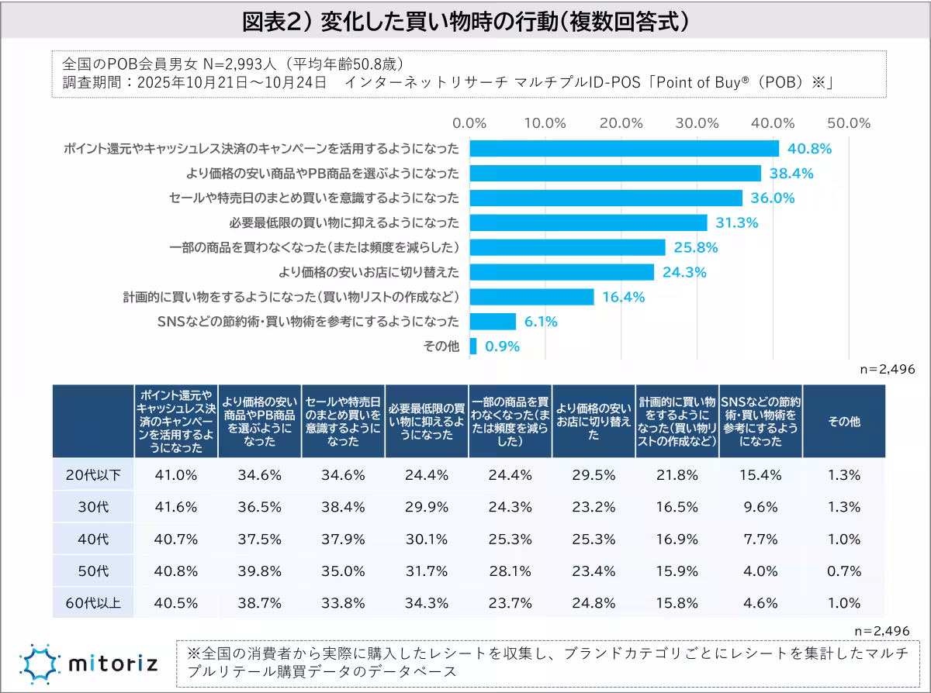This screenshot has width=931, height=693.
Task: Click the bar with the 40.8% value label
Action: click(624, 148)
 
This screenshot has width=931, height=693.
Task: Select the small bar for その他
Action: click(473, 346)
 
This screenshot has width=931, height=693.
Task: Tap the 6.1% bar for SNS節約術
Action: click(493, 321)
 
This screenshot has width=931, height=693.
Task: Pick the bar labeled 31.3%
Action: click(588, 222)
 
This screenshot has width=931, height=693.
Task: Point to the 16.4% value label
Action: click(625, 297)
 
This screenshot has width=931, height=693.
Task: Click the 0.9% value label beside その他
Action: click(502, 346)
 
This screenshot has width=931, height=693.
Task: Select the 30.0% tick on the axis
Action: click(696, 123)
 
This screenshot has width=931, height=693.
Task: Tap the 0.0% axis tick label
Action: click(469, 123)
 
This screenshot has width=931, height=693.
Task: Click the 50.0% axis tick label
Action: click(848, 123)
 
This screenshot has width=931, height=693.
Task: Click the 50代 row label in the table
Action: click(93, 571)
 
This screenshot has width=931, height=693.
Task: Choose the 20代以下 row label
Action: click(93, 475)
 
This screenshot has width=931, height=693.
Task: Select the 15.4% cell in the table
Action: click(761, 475)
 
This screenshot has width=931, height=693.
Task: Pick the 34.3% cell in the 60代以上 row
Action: click(427, 602)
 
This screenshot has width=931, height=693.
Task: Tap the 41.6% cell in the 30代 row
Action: click(175, 507)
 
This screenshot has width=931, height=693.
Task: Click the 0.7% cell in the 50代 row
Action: click(845, 571)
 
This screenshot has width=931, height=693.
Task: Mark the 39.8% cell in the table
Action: click(259, 571)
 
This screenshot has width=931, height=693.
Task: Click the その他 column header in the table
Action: click(845, 422)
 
